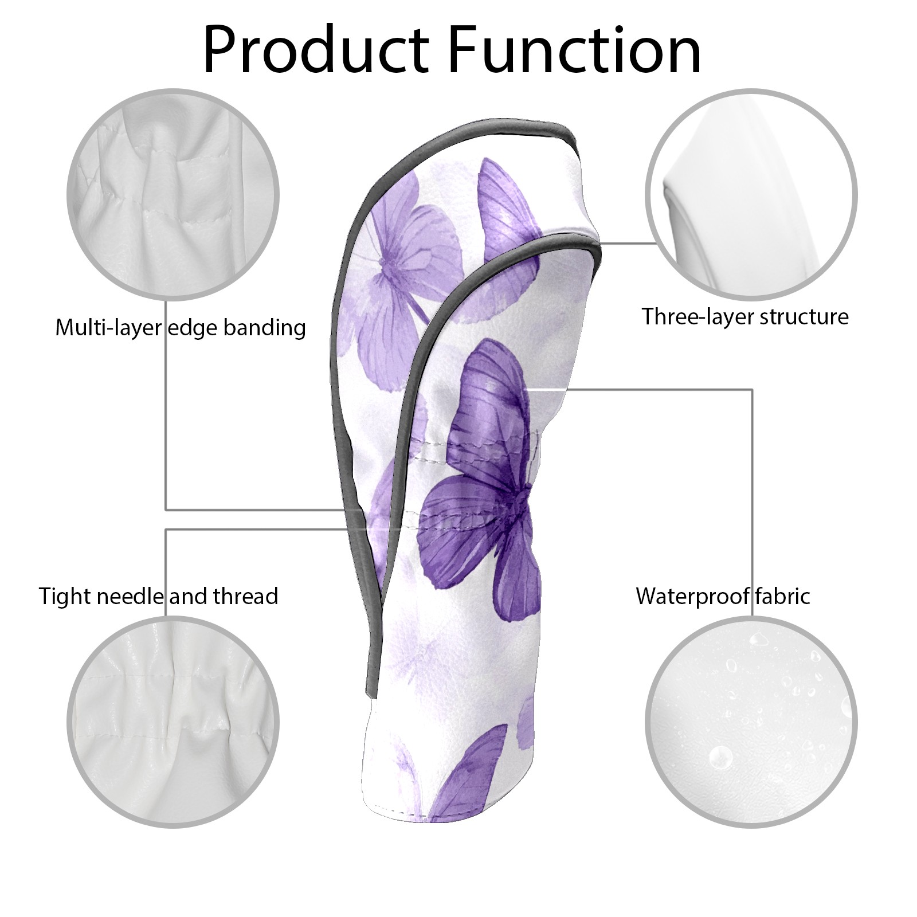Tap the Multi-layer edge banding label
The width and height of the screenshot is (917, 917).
[180, 328]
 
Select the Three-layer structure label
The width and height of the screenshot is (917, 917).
[744, 316]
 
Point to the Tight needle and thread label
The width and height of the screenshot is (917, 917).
[158, 596]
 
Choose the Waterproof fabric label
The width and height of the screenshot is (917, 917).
[723, 596]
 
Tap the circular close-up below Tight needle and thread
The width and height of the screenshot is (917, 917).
[174, 722]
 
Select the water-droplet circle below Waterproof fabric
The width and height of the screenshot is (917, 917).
[751, 722]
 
